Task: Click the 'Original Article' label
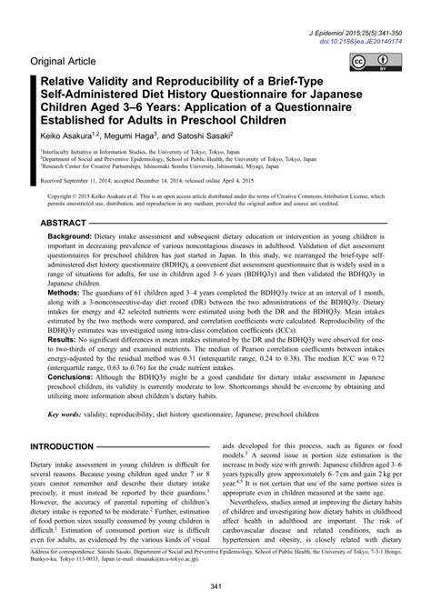click(69, 62)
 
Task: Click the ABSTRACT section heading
click(64, 222)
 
